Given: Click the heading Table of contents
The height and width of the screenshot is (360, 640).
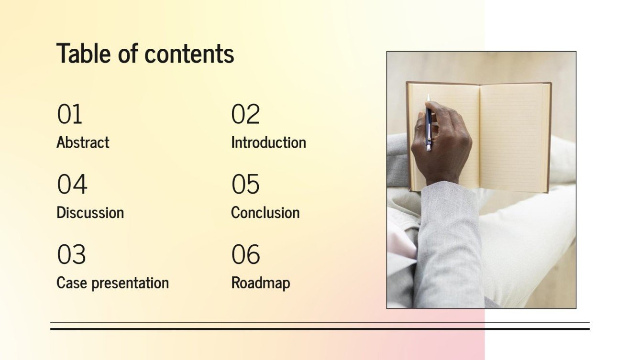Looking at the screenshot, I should (x=145, y=53).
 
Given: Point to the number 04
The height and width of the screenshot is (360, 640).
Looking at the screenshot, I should (x=72, y=185).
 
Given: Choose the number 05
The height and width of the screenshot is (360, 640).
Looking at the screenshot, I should (x=245, y=185).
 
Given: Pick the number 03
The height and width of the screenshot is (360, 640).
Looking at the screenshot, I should (x=71, y=255).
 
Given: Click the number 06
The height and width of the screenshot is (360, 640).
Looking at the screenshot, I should (x=246, y=255).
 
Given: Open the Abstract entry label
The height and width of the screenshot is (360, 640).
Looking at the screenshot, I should (x=83, y=142).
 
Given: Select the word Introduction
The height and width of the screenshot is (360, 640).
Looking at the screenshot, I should (x=268, y=142).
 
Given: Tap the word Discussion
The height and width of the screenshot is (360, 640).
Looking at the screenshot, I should (x=90, y=212).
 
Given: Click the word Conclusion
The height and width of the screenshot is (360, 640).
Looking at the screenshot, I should (x=265, y=212).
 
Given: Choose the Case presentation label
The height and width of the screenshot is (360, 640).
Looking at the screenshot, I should (x=112, y=283).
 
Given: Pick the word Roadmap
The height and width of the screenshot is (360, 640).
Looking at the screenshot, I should (x=260, y=283).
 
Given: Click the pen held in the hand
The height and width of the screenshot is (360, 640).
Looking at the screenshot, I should (x=429, y=120).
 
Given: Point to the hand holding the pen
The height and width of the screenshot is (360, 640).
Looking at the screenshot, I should (x=442, y=148).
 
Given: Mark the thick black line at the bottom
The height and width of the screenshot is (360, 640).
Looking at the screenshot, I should (x=320, y=329).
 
